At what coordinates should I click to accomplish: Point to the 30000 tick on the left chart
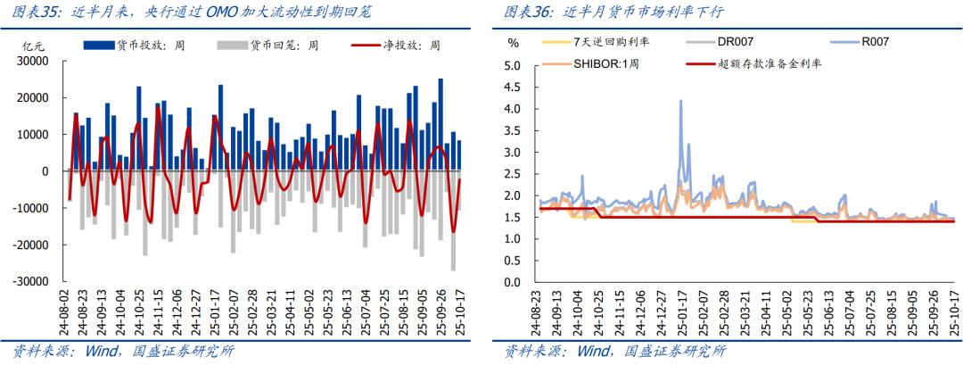(x=36, y=62)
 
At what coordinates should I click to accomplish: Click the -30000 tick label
(x=33, y=281)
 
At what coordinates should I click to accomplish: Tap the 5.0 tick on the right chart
(x=512, y=66)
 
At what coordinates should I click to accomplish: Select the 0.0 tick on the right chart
(x=512, y=282)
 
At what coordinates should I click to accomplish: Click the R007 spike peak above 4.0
(x=681, y=101)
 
